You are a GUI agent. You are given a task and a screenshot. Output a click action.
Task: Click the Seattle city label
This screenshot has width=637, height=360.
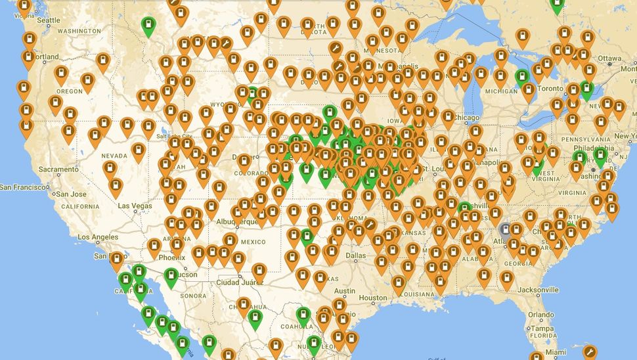[x=49, y=20]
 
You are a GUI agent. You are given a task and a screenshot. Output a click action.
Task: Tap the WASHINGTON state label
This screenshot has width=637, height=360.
[x=79, y=31]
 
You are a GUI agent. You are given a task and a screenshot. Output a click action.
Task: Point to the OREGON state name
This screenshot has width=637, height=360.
[x=70, y=91]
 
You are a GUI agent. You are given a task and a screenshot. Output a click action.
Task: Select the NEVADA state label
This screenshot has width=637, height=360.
[x=114, y=156]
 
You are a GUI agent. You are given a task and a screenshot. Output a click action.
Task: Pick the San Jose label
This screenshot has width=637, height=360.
[x=71, y=194]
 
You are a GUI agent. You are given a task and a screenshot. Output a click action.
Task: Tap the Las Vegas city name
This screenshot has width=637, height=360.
[x=135, y=206]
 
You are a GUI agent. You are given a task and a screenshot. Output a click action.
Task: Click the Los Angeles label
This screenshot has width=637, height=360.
[x=99, y=237]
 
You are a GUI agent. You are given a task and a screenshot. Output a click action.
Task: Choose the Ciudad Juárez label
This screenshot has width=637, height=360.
[x=241, y=282]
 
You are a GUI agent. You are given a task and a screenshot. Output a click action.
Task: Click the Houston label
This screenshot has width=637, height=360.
[x=372, y=298]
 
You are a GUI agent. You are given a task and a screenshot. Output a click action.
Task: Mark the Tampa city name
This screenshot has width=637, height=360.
[x=542, y=328]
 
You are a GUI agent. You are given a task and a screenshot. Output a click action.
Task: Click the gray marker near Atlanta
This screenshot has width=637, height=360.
[x=506, y=229]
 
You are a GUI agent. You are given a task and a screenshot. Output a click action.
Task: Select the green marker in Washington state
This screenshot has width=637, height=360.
[x=149, y=26]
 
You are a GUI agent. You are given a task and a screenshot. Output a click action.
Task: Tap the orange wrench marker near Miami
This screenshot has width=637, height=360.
[x=590, y=351]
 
